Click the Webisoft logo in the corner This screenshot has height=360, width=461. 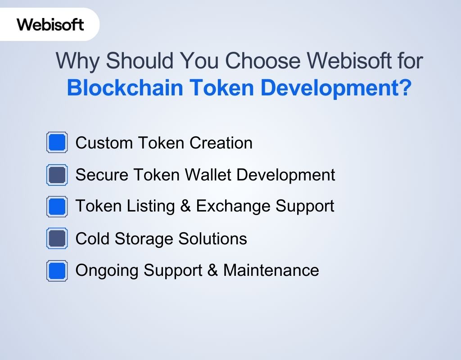click(x=50, y=24)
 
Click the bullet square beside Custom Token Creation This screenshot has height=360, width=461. click(x=57, y=143)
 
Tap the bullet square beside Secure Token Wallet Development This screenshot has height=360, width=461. click(x=57, y=175)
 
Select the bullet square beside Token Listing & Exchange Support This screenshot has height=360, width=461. click(x=57, y=207)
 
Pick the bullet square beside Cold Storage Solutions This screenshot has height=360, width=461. click(x=57, y=238)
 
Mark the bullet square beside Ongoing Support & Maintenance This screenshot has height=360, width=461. click(x=57, y=271)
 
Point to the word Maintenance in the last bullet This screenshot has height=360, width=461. click(x=271, y=270)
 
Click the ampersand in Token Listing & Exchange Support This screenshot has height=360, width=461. click(x=185, y=206)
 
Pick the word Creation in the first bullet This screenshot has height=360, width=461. click(x=221, y=143)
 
